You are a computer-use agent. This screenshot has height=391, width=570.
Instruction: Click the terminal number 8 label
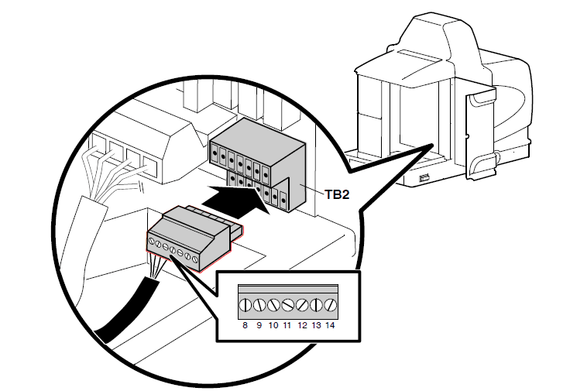[x=245, y=326]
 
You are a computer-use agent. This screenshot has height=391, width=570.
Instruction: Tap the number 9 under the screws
[x=259, y=326]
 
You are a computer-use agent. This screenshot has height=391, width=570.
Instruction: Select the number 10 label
[x=273, y=326]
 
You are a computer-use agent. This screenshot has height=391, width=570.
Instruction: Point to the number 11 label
[x=287, y=326]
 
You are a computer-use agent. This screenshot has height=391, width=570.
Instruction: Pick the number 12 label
[x=302, y=326]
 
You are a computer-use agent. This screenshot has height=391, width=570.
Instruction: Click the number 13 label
[x=316, y=326]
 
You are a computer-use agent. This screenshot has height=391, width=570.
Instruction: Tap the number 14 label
[x=331, y=326]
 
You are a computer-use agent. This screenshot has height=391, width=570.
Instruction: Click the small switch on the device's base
[x=423, y=180]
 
